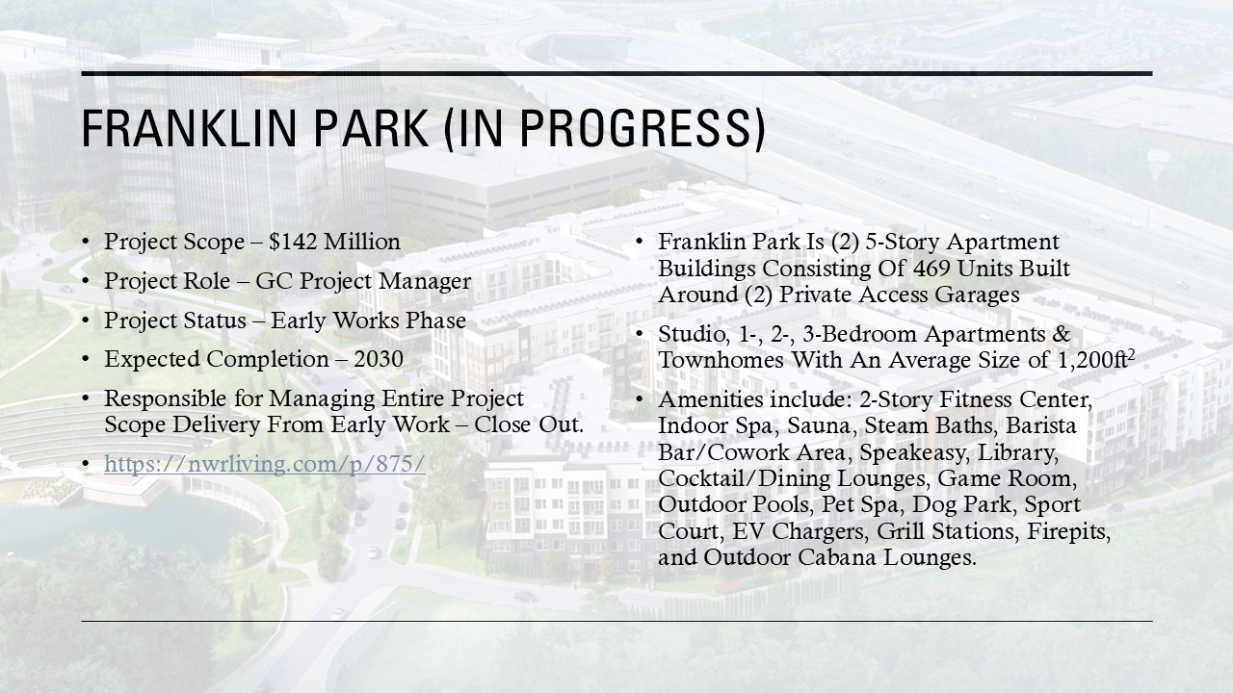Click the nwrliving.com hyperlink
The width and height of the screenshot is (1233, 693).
(265, 464)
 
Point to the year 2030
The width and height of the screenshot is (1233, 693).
(379, 359)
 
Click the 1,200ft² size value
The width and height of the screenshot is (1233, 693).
(1096, 359)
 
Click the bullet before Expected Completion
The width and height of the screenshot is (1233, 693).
(85, 360)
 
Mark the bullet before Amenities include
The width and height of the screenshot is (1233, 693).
(639, 399)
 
